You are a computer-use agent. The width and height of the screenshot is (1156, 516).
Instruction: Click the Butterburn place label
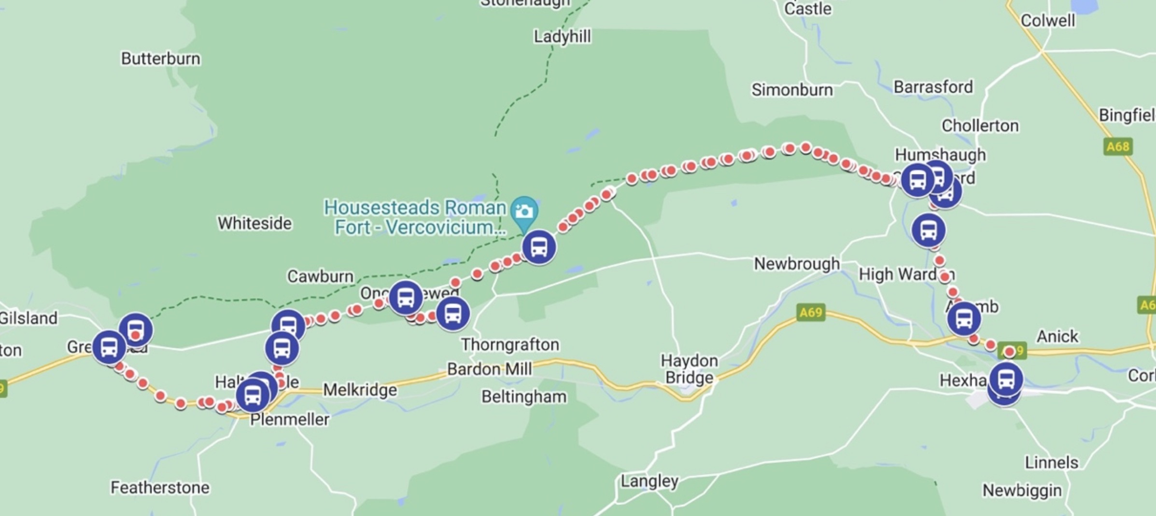tap(160, 58)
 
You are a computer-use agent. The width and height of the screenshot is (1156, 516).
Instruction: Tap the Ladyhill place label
tap(562, 36)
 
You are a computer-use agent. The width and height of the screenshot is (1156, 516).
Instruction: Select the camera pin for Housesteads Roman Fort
tap(524, 211)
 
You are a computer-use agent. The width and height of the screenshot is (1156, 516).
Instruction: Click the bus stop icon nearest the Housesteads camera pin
tap(539, 247)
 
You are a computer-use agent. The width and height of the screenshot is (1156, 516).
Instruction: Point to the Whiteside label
tap(254, 223)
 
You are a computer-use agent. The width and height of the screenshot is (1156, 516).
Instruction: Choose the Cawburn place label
tap(320, 276)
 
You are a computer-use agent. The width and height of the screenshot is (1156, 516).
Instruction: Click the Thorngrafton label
tap(510, 344)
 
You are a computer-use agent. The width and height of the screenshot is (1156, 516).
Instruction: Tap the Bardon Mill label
tap(489, 369)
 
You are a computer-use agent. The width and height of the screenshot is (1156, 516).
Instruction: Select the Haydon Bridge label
tap(689, 369)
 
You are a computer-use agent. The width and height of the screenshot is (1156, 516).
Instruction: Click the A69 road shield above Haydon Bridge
tap(811, 312)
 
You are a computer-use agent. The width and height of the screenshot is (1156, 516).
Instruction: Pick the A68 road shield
tap(1118, 146)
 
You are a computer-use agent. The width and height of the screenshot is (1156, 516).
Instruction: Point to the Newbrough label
tap(797, 264)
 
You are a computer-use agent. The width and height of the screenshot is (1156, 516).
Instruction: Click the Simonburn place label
tap(792, 90)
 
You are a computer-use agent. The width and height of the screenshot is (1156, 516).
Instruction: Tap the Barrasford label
tap(933, 87)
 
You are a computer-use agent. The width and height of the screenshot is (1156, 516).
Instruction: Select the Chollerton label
tap(980, 126)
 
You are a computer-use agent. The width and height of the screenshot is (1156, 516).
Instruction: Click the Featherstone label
tap(160, 487)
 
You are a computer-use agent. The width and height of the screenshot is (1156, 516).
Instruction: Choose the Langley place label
tap(649, 481)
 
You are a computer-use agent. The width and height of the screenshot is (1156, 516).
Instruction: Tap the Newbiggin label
tap(1022, 490)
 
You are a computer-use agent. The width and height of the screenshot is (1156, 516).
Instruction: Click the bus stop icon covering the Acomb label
tap(964, 319)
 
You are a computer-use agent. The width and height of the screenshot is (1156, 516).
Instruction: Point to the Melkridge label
tap(360, 389)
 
